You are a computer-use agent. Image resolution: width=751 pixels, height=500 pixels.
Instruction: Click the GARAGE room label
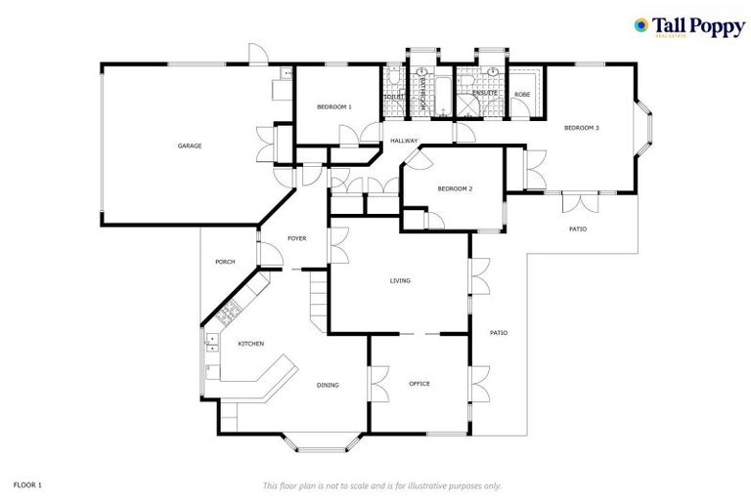[x=189, y=146]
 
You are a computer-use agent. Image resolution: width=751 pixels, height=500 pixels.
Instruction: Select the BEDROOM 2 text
[x=455, y=188]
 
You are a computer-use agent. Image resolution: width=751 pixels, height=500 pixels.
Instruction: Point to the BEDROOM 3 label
[x=581, y=128]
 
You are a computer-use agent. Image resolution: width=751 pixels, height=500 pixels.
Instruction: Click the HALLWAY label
[x=404, y=141]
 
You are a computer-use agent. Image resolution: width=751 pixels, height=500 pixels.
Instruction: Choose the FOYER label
[x=297, y=238]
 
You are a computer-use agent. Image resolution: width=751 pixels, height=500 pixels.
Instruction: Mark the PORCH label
[x=225, y=262]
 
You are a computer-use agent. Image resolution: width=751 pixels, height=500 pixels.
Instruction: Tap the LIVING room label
[x=400, y=280]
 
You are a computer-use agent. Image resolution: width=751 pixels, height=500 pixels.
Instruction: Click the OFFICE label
[x=420, y=383]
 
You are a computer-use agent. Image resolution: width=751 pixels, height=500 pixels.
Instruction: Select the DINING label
[x=328, y=385]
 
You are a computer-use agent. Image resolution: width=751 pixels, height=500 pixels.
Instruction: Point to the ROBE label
[x=522, y=95]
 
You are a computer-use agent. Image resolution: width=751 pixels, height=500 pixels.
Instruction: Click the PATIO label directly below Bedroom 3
[x=579, y=229]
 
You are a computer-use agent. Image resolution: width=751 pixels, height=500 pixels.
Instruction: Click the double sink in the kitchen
[x=210, y=342]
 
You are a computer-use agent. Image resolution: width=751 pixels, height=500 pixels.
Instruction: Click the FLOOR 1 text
[x=27, y=484]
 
